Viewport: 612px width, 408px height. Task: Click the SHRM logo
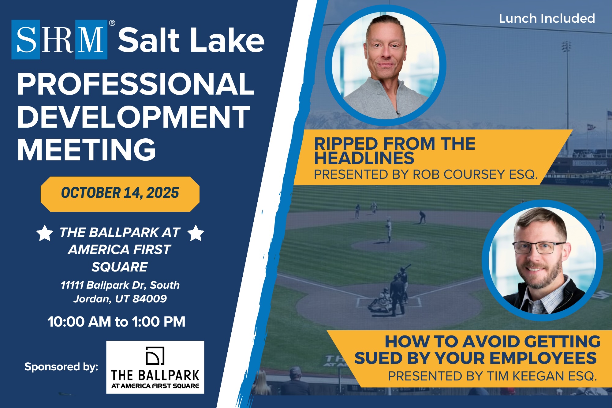coord(59,39)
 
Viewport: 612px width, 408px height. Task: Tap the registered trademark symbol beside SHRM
coord(112,23)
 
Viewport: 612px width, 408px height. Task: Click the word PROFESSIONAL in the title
coord(136,84)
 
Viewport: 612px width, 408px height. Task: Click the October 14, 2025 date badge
coord(120,194)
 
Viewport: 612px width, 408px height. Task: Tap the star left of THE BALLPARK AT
coord(45,233)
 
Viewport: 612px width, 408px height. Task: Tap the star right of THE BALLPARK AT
coord(196,233)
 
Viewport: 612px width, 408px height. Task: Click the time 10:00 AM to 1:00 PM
coord(117,322)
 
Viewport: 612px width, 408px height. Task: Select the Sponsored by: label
coord(61,367)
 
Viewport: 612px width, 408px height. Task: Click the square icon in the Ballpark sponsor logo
coord(155,356)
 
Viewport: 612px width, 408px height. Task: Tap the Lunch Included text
coord(547,18)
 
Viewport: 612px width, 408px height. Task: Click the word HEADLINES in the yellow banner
coord(364,158)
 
